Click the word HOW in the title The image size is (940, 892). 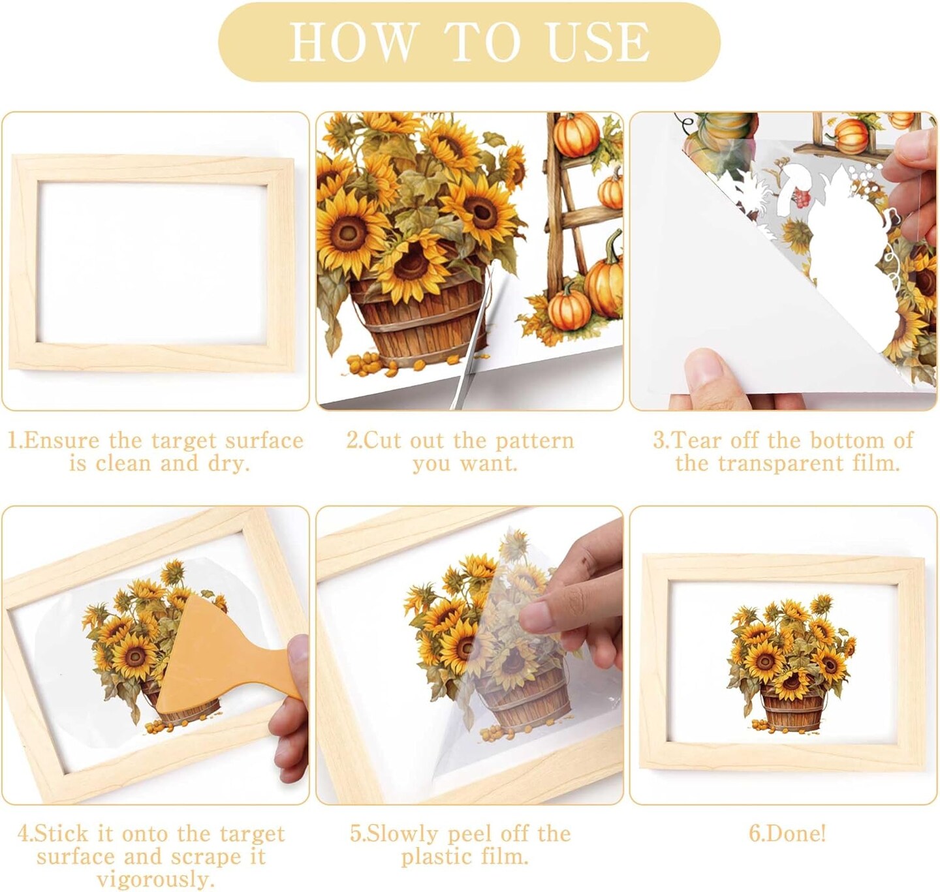[x=351, y=41]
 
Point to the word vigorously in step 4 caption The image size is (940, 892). [x=155, y=878]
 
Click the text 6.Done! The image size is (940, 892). [x=787, y=834]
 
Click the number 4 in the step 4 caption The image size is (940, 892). [x=23, y=834]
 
